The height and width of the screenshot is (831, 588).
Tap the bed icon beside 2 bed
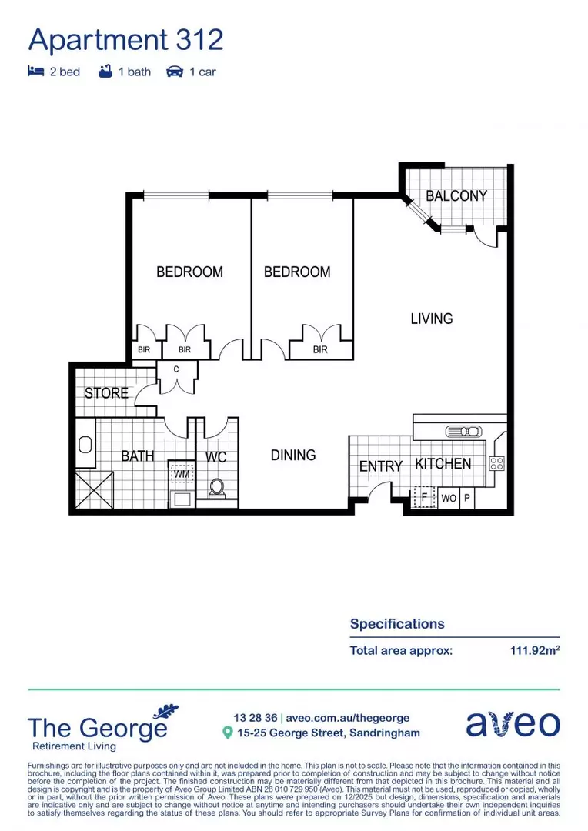click(x=35, y=72)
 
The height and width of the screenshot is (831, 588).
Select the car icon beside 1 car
click(x=175, y=72)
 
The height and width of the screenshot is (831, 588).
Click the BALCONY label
click(x=456, y=196)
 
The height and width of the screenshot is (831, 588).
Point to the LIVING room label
click(x=431, y=319)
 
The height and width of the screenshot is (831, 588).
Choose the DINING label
click(x=293, y=455)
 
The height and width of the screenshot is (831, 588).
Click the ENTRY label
click(x=381, y=466)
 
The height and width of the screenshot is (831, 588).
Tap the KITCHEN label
click(x=443, y=463)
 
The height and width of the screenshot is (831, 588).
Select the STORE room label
click(x=106, y=393)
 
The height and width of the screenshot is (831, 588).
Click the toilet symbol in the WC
click(x=217, y=487)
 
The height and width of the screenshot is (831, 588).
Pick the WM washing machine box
click(x=182, y=474)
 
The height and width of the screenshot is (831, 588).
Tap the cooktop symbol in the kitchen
click(x=496, y=463)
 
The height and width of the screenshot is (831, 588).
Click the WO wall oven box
click(x=449, y=499)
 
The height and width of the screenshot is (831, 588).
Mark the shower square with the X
click(x=94, y=489)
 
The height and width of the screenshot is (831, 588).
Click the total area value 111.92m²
click(x=534, y=650)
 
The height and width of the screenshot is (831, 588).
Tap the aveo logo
click(x=513, y=724)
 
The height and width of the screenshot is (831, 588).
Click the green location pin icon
click(x=227, y=733)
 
